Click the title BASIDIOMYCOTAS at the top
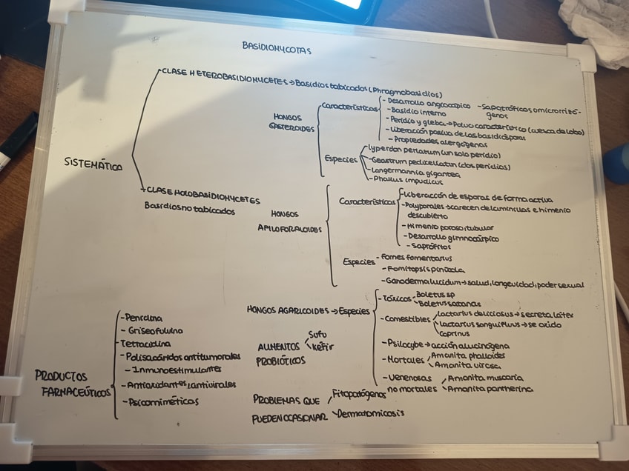tap(277, 47)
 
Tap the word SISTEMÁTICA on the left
tap(93, 164)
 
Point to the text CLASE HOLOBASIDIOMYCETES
tap(202, 196)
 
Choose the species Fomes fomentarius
tap(416, 257)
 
